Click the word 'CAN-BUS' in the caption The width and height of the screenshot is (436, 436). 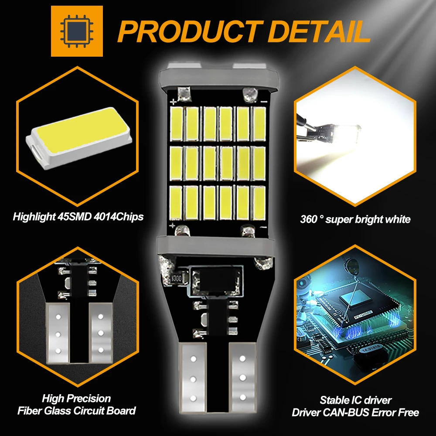click(x=347, y=412)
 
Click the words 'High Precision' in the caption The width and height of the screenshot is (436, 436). click(x=76, y=398)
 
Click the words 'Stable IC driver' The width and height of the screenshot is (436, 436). click(x=356, y=400)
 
